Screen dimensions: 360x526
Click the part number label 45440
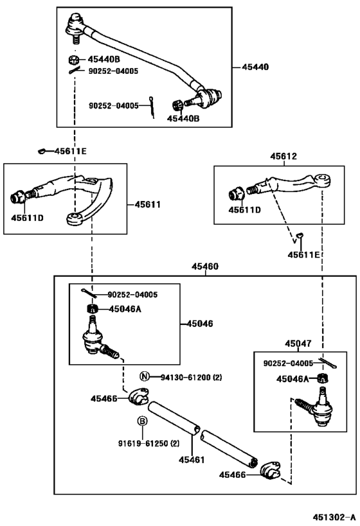point(255,67)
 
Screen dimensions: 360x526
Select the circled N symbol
point(145,376)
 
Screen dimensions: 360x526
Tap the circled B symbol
point(142,421)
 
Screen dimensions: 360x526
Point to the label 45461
point(192,460)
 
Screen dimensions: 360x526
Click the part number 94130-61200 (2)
point(191,378)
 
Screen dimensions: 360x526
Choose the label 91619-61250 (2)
point(148,443)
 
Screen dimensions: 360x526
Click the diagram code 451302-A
point(334,516)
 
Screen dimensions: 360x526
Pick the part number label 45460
point(205,267)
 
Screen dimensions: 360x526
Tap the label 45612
point(283,156)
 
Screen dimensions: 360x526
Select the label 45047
point(298,344)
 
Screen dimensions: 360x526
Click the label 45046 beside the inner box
point(200,324)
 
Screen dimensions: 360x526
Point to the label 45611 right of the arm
point(148,204)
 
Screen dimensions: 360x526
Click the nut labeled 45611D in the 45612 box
point(235,195)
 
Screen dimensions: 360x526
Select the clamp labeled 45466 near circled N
point(138,396)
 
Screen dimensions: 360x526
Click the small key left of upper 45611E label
point(42,152)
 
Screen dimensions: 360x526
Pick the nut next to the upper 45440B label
point(74,60)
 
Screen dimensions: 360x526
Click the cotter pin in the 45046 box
point(89,292)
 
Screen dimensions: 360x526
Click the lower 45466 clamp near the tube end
point(271,471)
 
